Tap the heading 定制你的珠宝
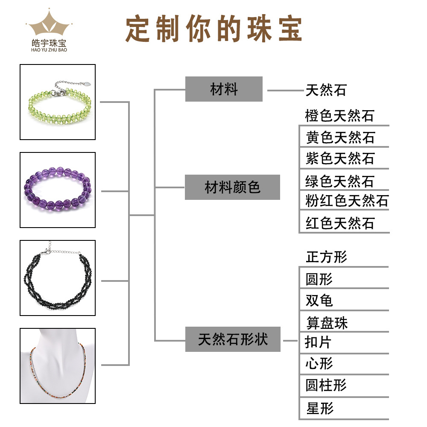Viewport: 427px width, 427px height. point(213,29)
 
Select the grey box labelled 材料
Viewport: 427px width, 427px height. point(224,89)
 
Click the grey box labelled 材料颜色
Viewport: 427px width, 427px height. point(232,187)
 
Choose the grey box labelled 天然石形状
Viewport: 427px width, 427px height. point(233,339)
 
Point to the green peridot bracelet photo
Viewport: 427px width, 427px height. point(58,102)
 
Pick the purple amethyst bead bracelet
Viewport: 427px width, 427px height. point(58,190)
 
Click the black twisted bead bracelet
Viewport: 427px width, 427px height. point(58,278)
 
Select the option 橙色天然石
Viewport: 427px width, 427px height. point(339,116)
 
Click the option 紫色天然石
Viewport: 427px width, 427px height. point(340,158)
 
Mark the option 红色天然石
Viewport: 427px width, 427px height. point(340,223)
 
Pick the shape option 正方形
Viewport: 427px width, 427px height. point(327,257)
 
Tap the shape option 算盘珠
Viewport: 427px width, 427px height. point(327,322)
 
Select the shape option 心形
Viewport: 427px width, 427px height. point(319,364)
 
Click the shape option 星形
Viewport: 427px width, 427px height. point(319,408)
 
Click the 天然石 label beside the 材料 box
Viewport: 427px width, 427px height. point(326,91)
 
